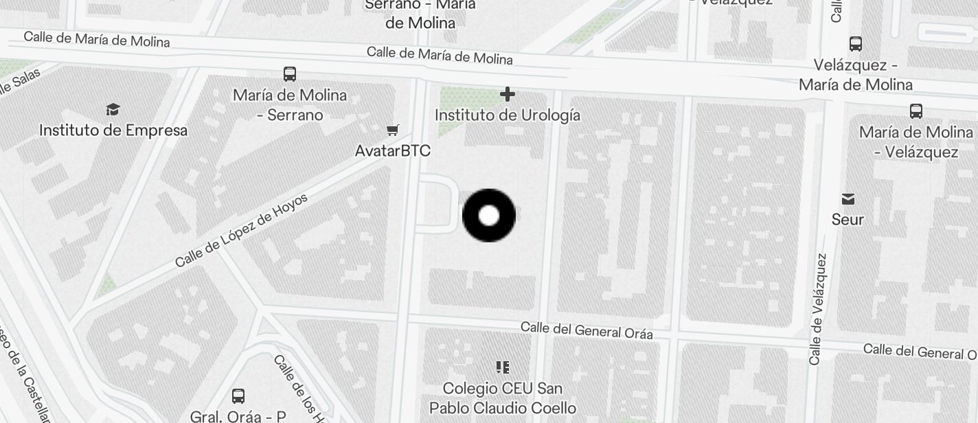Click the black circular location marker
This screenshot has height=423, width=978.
coord(489,216)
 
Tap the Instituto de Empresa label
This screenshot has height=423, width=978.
coord(113,130)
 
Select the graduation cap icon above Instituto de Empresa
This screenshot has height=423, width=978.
coord(113,109)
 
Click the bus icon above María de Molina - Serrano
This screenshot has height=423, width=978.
coord(290,73)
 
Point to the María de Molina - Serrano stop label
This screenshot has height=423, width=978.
coord(290,104)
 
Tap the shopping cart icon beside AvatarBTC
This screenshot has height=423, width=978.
coord(393,130)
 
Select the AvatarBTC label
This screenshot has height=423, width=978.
coord(393,150)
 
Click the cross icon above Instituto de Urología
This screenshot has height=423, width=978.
coord(508,93)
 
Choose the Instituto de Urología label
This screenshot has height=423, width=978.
coord(508,115)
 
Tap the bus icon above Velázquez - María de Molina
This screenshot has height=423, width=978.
coord(856,44)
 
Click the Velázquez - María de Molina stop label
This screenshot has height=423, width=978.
coord(856,75)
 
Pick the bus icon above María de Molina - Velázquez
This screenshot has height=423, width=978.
coord(916,111)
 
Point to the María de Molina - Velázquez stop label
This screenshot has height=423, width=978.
coord(916,141)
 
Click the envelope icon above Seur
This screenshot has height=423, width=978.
coord(848,199)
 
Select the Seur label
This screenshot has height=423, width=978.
coord(848,220)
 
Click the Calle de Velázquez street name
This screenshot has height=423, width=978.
coord(817,309)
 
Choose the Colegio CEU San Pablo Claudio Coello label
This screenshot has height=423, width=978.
coord(503,398)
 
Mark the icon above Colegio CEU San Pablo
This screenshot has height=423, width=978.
coord(503,367)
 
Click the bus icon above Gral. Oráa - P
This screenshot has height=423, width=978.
coord(238,396)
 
